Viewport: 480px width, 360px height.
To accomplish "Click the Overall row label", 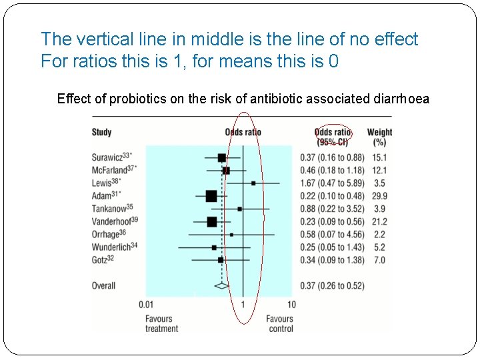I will (x=103, y=286).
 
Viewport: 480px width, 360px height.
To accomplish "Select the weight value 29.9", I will (x=379, y=196).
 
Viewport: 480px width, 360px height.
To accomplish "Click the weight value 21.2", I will (x=379, y=221).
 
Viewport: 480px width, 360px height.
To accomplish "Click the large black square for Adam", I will (x=211, y=196).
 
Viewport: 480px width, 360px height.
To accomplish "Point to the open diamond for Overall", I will (x=221, y=286).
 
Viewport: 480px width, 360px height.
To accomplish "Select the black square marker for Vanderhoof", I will (x=212, y=221).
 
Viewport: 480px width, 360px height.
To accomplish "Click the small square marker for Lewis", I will (x=253, y=183).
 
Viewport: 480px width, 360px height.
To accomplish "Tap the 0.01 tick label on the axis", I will (x=147, y=305).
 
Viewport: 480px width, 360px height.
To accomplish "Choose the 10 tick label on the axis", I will (x=291, y=305).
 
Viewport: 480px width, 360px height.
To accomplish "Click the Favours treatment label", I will (x=161, y=323).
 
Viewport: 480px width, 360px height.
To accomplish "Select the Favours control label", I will (x=280, y=323).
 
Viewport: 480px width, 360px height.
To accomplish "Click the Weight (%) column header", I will (x=379, y=137).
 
